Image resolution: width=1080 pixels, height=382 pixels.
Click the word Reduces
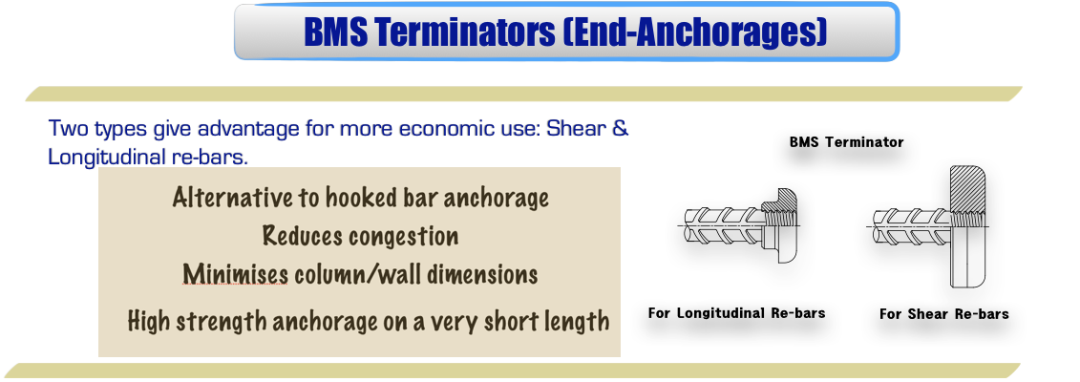point(300,236)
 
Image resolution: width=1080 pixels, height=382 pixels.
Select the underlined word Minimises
point(236,275)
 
